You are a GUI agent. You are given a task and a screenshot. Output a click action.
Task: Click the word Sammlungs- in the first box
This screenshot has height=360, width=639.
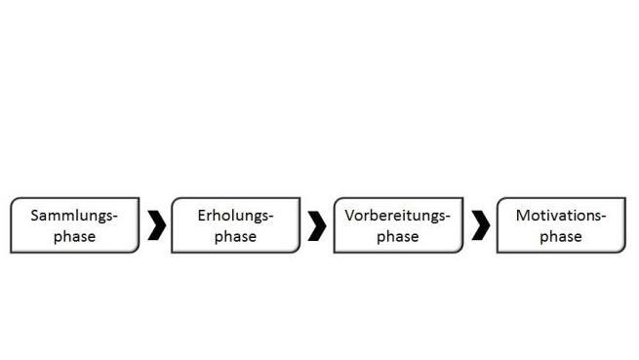click(74, 216)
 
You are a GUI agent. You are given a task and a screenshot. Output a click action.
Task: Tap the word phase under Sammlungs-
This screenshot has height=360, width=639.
click(74, 237)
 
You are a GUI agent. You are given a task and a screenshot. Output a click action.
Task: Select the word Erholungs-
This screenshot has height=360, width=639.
click(235, 216)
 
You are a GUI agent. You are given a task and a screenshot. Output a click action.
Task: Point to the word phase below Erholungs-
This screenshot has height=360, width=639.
click(235, 237)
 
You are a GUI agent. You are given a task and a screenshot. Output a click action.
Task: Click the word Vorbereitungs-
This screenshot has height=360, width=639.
click(397, 216)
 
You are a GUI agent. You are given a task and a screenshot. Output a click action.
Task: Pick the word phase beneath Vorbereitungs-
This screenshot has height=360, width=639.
click(397, 237)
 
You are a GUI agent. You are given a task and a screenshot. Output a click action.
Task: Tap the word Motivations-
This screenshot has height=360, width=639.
click(561, 216)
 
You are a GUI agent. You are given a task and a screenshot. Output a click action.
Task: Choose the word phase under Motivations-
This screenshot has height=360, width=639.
click(561, 237)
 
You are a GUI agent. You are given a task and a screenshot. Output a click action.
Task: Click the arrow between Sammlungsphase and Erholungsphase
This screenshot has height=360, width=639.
click(156, 225)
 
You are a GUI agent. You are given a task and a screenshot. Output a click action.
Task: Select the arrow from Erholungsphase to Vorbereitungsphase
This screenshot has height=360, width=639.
click(317, 225)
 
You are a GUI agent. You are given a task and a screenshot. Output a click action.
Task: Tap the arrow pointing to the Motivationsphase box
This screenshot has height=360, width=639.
click(480, 225)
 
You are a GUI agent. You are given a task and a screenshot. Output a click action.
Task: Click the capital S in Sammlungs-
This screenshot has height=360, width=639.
click(35, 216)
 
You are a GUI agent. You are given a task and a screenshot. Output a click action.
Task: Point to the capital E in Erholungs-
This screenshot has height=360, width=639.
click(201, 215)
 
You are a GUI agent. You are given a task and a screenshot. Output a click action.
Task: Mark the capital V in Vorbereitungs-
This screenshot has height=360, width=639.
click(349, 215)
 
